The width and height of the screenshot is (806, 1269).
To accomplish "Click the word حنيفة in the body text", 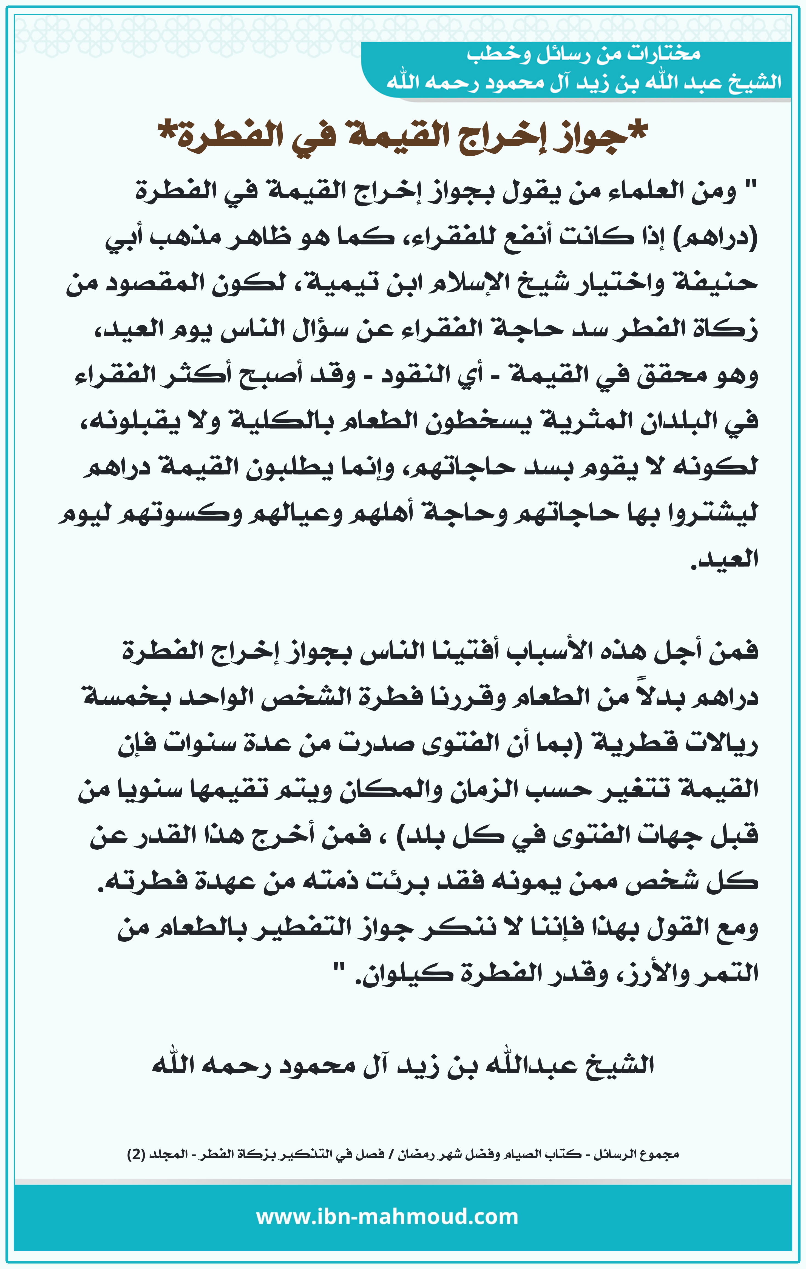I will pyautogui.click(x=712, y=284).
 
